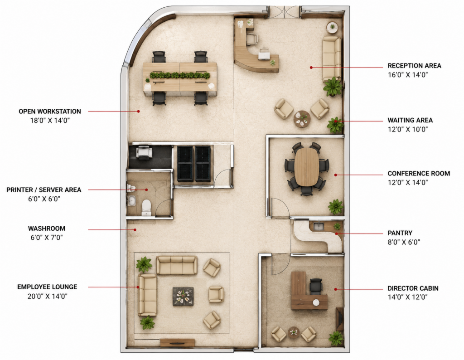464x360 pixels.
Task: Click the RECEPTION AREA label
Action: pyautogui.click(x=414, y=66)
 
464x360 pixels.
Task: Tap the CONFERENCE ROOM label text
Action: pyautogui.click(x=419, y=174)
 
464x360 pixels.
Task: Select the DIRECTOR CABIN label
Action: pyautogui.click(x=413, y=288)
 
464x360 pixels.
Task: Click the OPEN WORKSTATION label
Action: pyautogui.click(x=50, y=112)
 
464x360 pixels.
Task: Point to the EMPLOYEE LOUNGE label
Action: pyautogui.click(x=47, y=287)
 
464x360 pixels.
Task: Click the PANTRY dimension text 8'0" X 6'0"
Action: pyautogui.click(x=404, y=242)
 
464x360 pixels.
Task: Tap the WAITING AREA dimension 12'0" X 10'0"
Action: pyautogui.click(x=408, y=129)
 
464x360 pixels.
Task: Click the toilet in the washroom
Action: pyautogui.click(x=146, y=207)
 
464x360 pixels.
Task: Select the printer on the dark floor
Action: pyautogui.click(x=144, y=152)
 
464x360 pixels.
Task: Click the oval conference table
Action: pyautogui.click(x=307, y=167)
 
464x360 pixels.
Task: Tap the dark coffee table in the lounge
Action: pyautogui.click(x=183, y=296)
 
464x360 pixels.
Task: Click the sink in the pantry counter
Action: pyautogui.click(x=319, y=227)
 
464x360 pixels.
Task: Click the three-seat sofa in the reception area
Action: pyautogui.click(x=331, y=58)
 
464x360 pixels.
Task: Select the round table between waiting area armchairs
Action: pyautogui.click(x=302, y=119)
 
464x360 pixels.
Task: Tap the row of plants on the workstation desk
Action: pyautogui.click(x=179, y=75)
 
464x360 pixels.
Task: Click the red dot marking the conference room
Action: pyautogui.click(x=336, y=175)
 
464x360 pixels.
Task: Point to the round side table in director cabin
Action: pyautogui.click(x=294, y=331)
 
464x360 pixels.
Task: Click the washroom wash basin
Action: pyautogui.click(x=132, y=201)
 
